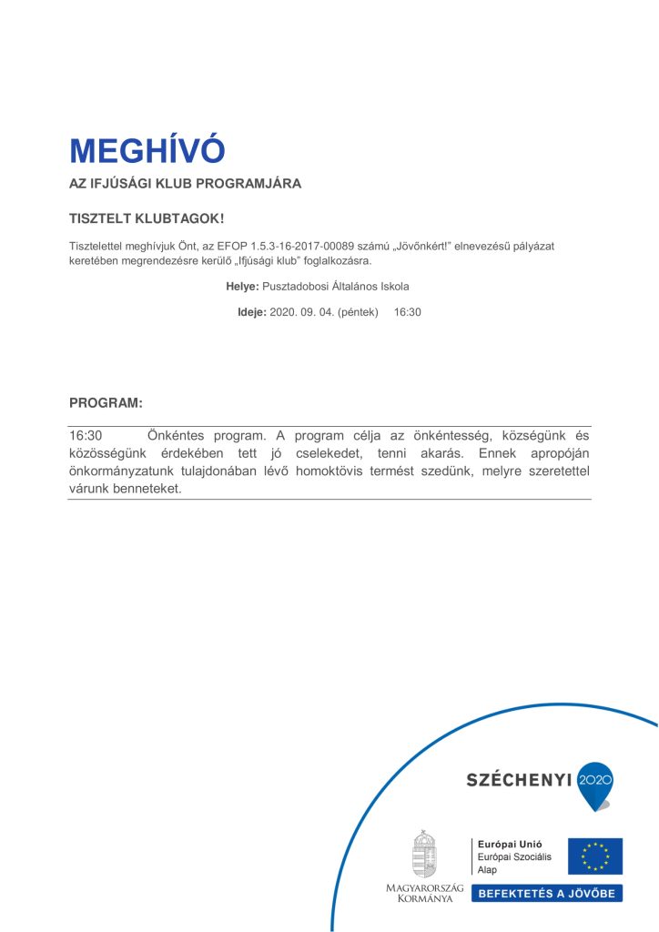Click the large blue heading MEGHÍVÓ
tap(147, 151)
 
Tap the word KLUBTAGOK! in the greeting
tap(183, 219)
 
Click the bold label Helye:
tap(242, 286)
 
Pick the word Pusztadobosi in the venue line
tap(292, 286)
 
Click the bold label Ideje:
tap(251, 311)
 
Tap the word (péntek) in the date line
tap(358, 311)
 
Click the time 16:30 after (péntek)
tap(407, 311)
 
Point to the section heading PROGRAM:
tap(106, 402)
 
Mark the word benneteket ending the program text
tap(144, 489)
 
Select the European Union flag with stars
tap(595, 856)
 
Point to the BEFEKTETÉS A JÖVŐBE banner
tap(547, 893)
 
